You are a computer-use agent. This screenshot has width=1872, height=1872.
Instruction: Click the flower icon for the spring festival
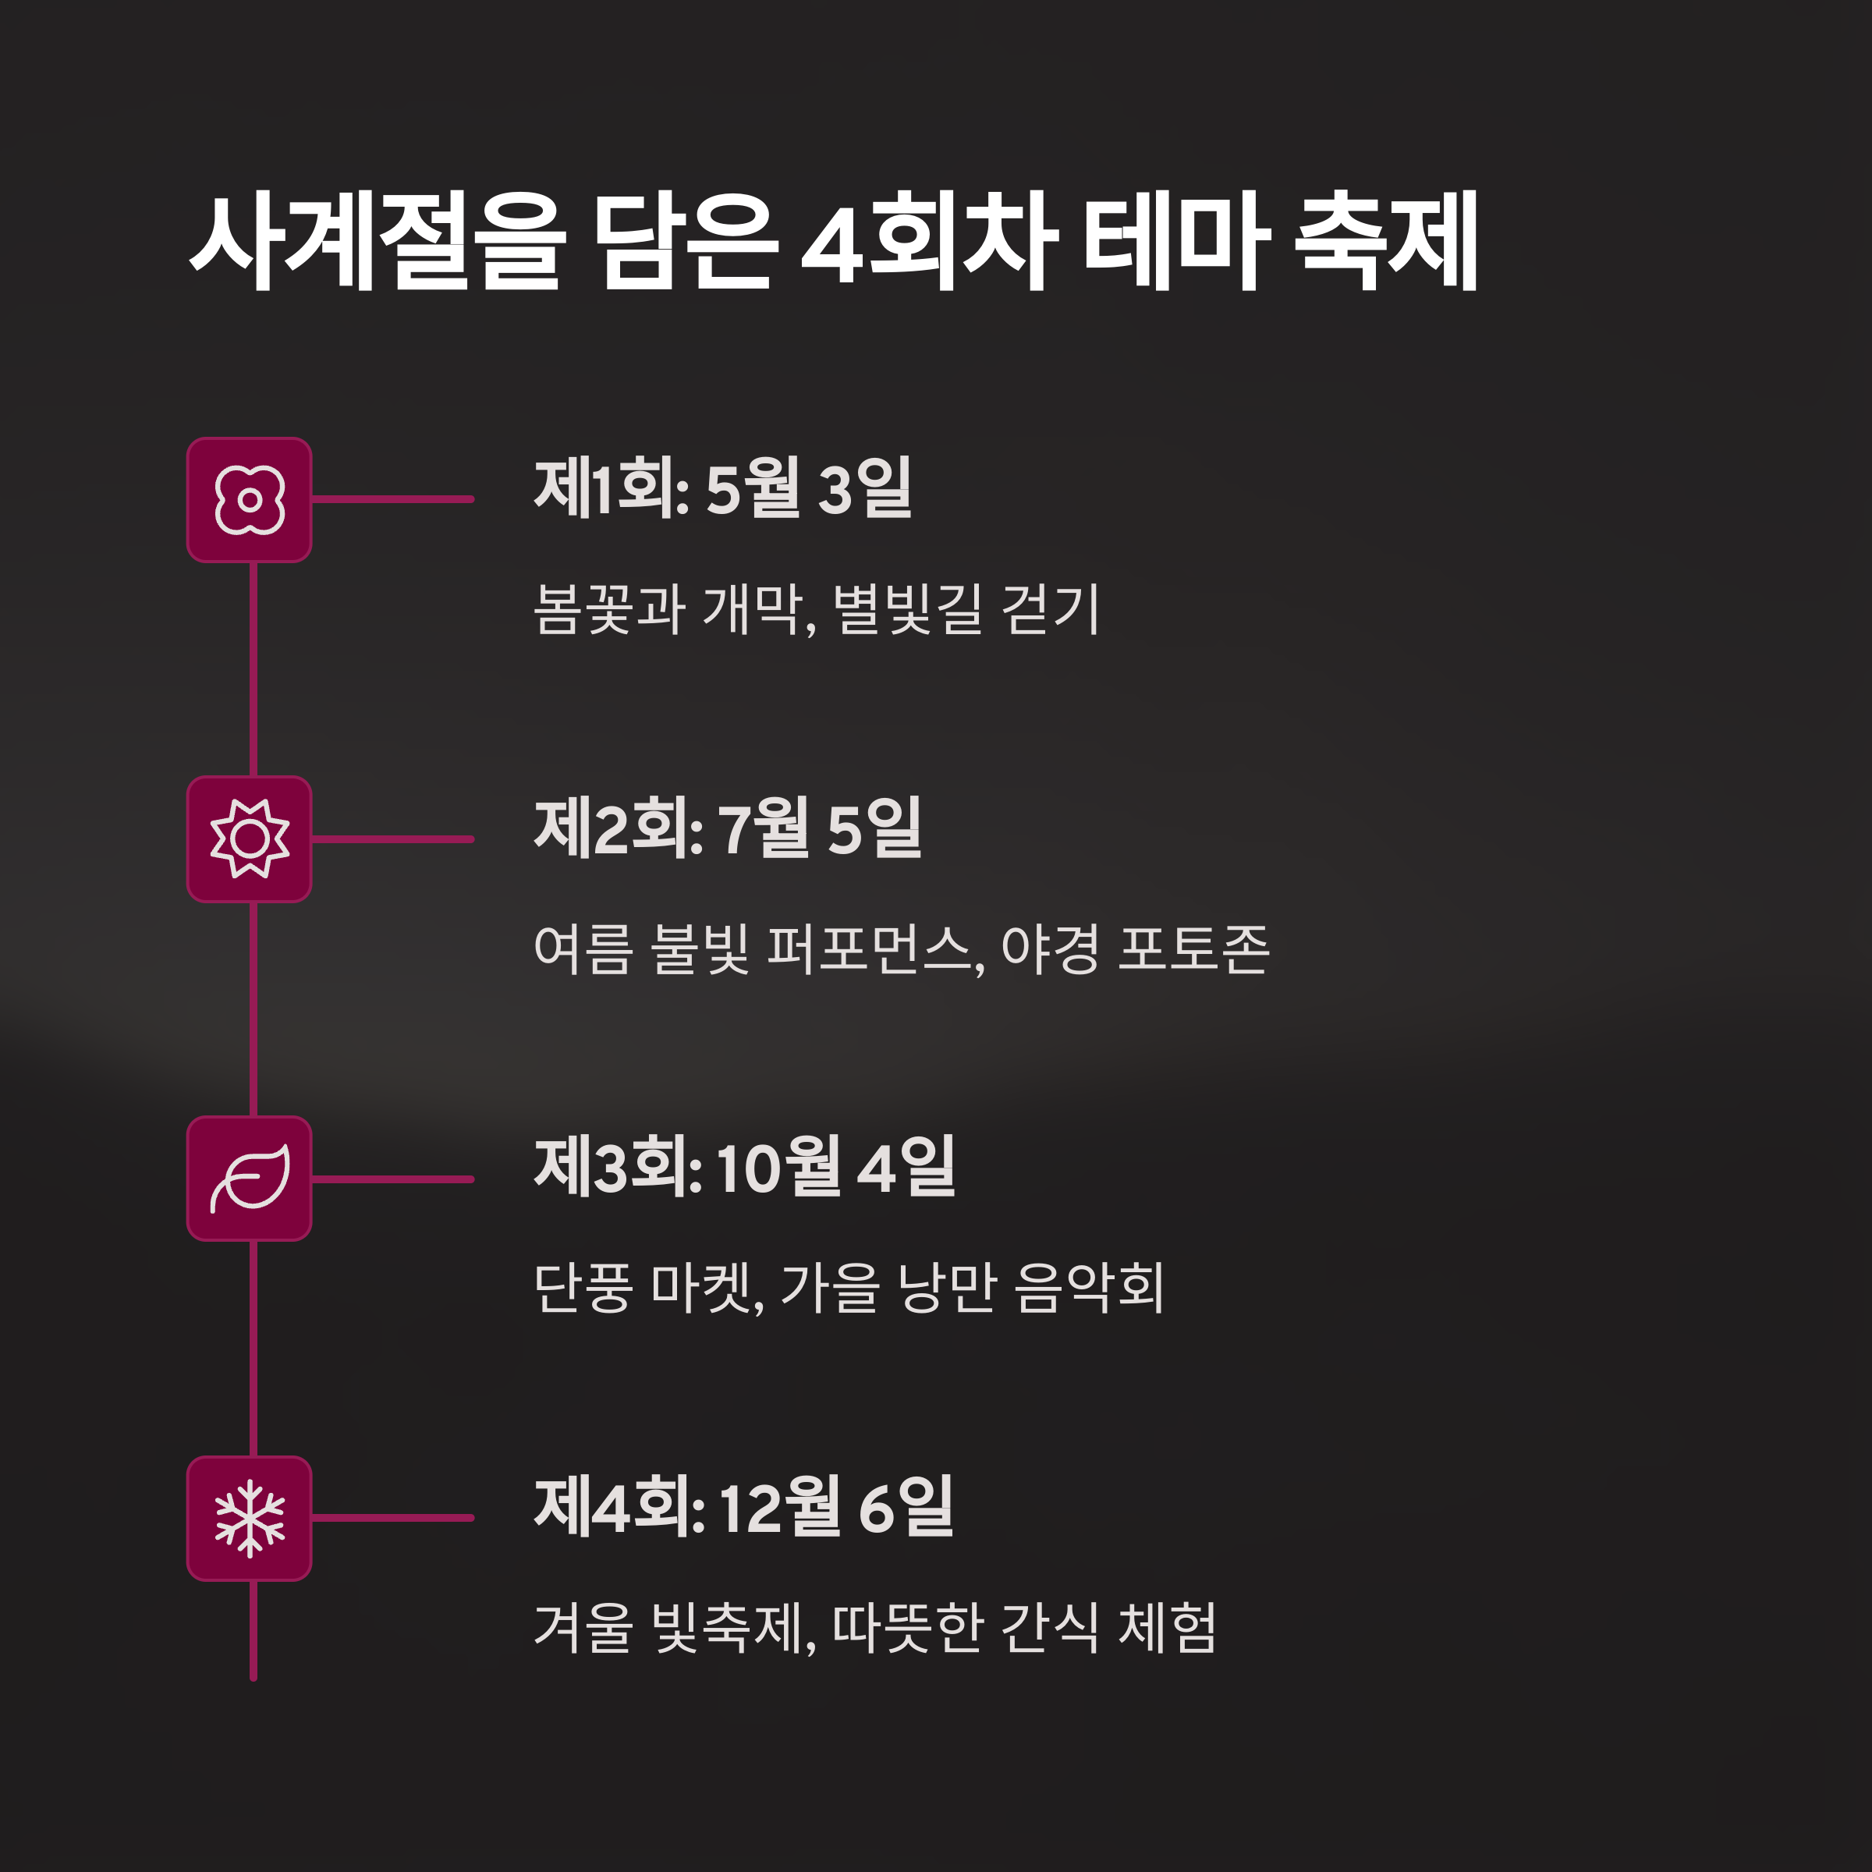click(249, 500)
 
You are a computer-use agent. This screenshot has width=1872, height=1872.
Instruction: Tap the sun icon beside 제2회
click(249, 839)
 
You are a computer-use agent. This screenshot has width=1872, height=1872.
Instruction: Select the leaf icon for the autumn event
click(249, 1179)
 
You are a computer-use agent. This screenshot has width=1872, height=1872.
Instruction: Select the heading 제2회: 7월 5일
click(728, 828)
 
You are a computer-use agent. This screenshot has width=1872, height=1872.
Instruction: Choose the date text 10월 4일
click(835, 1168)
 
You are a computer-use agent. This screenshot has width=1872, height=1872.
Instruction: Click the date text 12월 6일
click(835, 1508)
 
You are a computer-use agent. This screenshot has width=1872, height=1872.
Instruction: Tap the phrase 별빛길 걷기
click(966, 609)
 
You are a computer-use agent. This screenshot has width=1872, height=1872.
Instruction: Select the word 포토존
click(1193, 948)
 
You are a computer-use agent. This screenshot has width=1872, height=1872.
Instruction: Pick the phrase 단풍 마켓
click(647, 1289)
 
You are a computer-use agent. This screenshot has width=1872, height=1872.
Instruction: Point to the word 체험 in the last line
click(1168, 1628)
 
